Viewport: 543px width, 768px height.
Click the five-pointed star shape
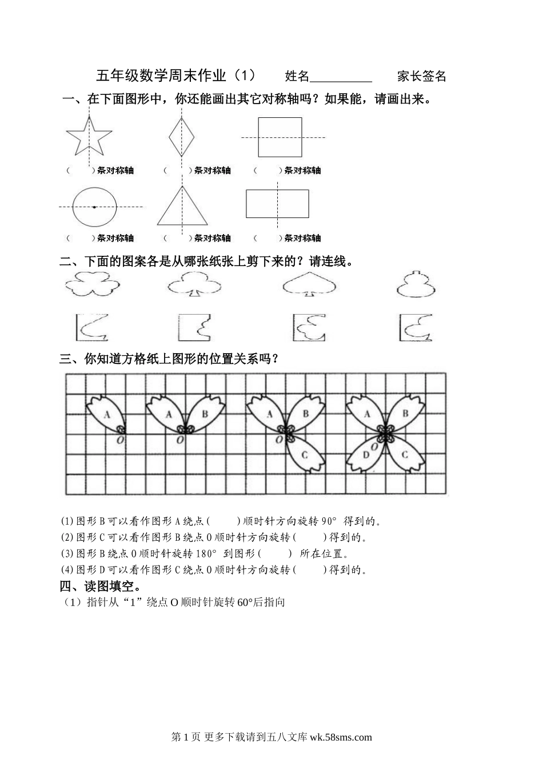coord(89,138)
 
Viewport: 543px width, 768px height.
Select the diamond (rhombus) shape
coord(182,137)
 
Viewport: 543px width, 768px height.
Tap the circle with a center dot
coord(94,206)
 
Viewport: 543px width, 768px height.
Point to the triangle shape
coord(182,208)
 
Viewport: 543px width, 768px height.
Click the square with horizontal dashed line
coord(280,137)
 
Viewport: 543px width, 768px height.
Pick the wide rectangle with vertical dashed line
coord(277,204)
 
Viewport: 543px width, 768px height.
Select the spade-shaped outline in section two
coord(310,284)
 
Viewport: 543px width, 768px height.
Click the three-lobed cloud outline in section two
coord(91,284)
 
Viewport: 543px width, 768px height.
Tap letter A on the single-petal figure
coord(107,414)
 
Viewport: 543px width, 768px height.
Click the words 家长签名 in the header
coord(422,76)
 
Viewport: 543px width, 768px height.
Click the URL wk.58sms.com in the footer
coord(341,737)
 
